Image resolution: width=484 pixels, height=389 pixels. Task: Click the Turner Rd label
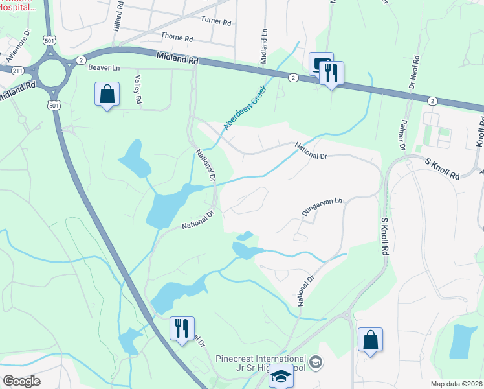pyautogui.click(x=215, y=21)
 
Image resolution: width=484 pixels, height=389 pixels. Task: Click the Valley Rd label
pyautogui.click(x=137, y=90)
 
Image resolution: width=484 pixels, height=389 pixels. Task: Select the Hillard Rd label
pyautogui.click(x=118, y=13)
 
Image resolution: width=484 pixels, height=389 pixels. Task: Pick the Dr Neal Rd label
pyautogui.click(x=412, y=75)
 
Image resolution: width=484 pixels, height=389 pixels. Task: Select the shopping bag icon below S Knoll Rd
pyautogui.click(x=370, y=340)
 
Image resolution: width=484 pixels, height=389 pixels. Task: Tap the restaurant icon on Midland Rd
pyautogui.click(x=331, y=73)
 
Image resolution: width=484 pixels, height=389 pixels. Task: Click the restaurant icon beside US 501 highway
pyautogui.click(x=182, y=328)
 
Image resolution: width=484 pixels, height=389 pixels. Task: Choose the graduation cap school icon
pyautogui.click(x=281, y=377)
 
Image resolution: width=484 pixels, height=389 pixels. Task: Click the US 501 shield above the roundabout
pyautogui.click(x=49, y=40)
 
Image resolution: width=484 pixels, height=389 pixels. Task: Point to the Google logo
pyautogui.click(x=21, y=381)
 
